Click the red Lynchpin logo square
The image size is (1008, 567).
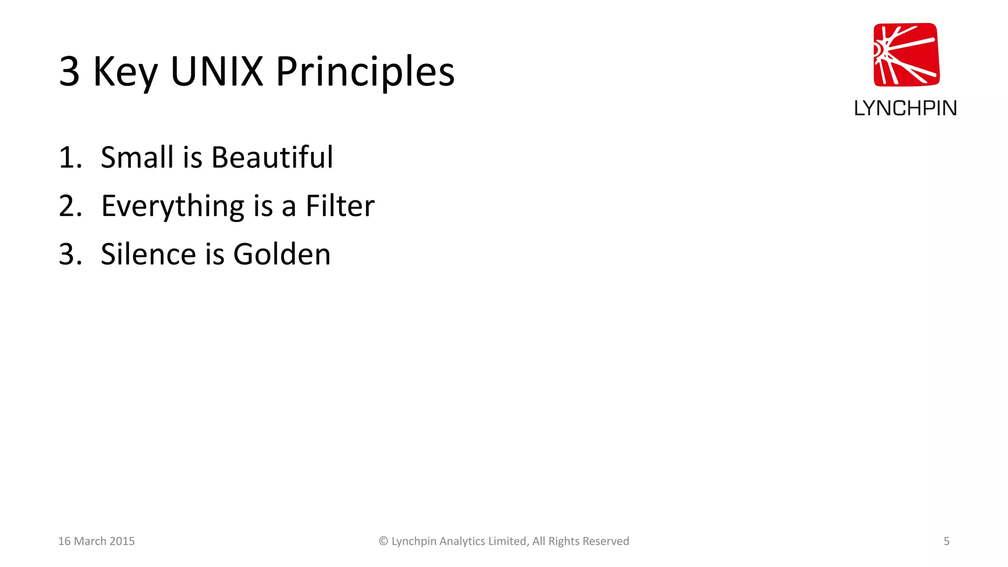(906, 55)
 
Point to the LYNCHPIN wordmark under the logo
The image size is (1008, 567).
(905, 108)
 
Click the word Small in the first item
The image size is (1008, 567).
(137, 157)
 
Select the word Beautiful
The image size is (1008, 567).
(272, 157)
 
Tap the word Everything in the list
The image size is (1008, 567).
(173, 207)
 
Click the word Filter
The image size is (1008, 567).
(340, 206)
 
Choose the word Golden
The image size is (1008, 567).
(282, 254)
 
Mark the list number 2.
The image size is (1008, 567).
(70, 206)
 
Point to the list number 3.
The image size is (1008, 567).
(70, 254)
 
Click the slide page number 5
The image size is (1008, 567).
(946, 541)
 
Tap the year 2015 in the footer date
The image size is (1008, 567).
(122, 541)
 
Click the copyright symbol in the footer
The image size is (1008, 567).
(383, 541)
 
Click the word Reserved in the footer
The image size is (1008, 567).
(606, 541)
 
